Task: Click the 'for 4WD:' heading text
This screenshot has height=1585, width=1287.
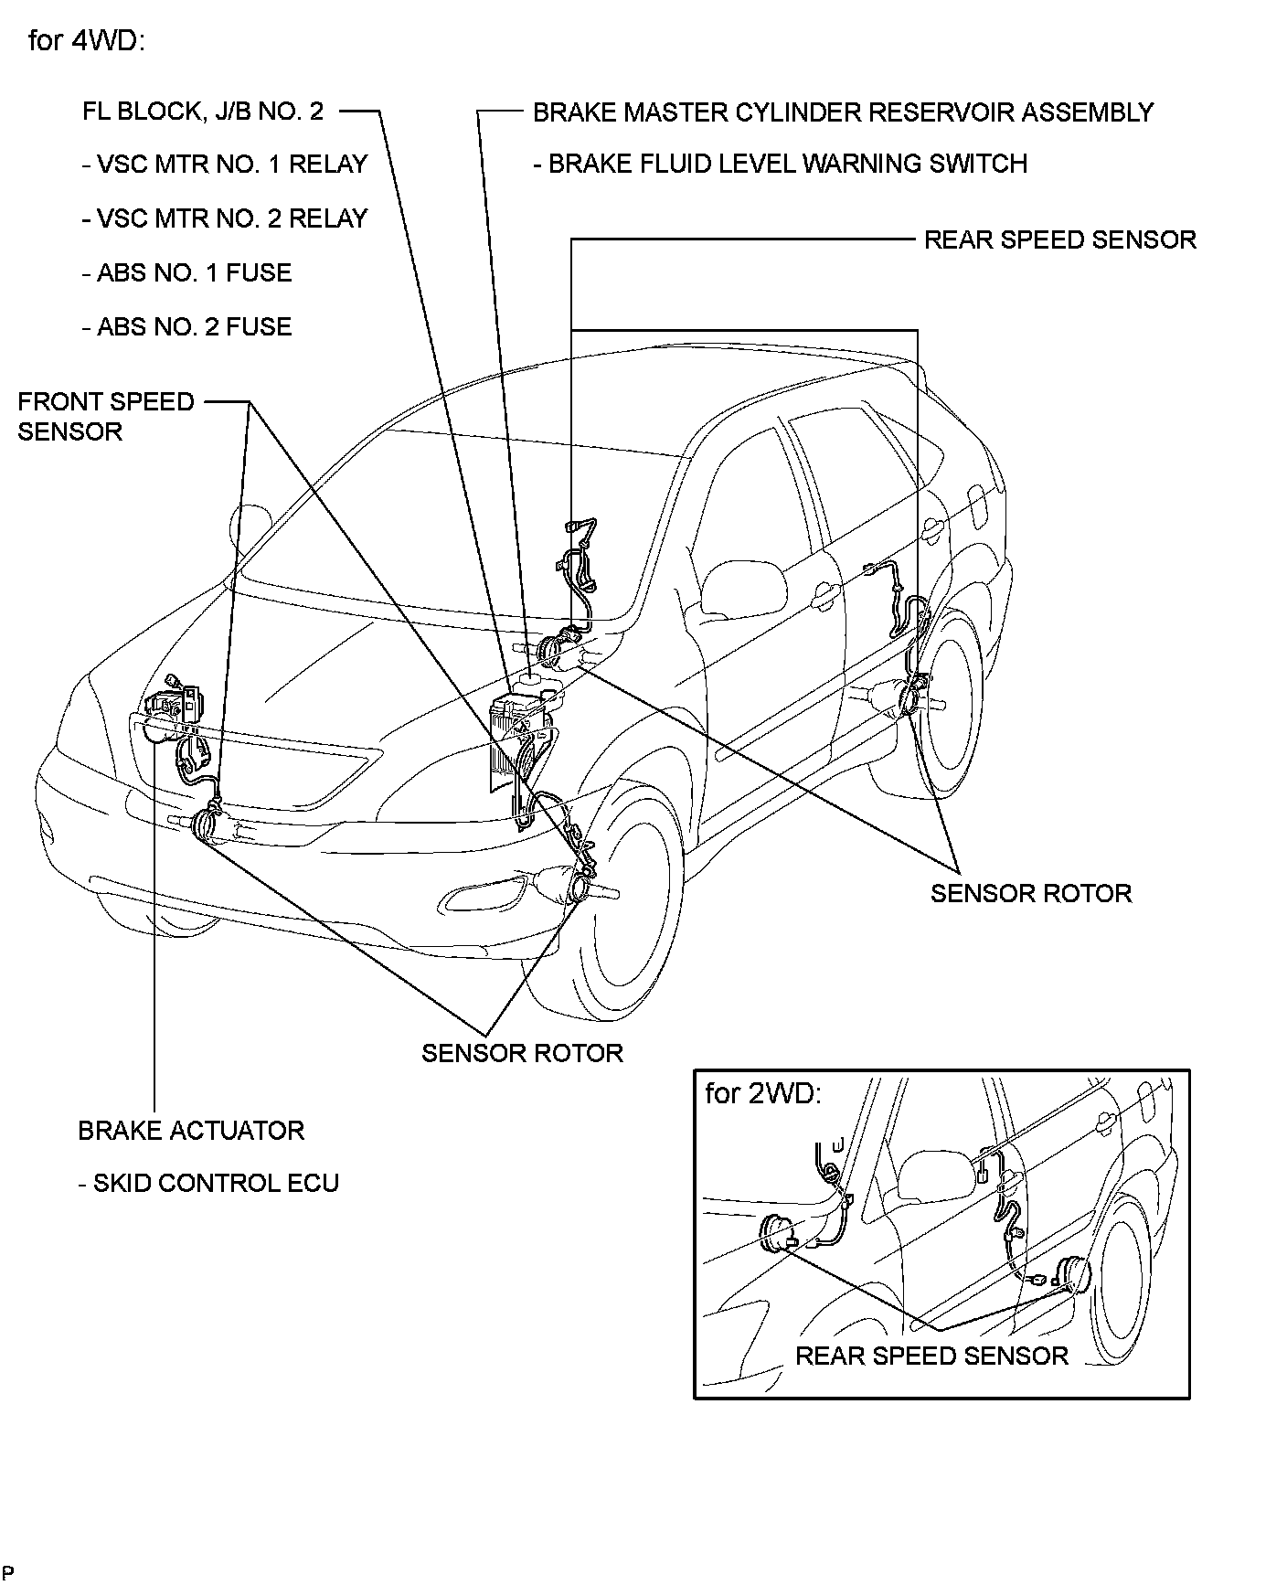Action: pyautogui.click(x=87, y=41)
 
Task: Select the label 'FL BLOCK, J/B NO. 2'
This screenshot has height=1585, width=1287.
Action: pyautogui.click(x=202, y=112)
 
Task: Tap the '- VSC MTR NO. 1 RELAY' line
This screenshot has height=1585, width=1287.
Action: pyautogui.click(x=224, y=165)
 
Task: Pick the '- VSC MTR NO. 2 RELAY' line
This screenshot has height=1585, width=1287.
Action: pyautogui.click(x=224, y=218)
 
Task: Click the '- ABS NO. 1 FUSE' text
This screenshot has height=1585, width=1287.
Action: pyautogui.click(x=186, y=272)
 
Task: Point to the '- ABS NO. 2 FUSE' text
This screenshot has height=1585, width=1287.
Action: pyautogui.click(x=186, y=326)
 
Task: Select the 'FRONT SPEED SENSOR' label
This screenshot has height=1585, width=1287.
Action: pyautogui.click(x=105, y=416)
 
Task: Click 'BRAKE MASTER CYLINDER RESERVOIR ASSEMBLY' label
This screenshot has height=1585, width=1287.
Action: pyautogui.click(x=843, y=112)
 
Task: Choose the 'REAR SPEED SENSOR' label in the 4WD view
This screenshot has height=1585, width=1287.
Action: pyautogui.click(x=1059, y=240)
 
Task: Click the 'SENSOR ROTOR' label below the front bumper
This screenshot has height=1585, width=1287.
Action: pyautogui.click(x=522, y=1053)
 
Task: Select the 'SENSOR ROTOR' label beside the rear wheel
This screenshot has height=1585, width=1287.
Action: pyautogui.click(x=1031, y=893)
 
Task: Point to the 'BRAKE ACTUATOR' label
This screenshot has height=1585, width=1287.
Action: pyautogui.click(x=191, y=1131)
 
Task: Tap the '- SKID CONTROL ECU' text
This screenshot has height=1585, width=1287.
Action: pyautogui.click(x=208, y=1183)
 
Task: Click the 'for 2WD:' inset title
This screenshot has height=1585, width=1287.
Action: pyautogui.click(x=763, y=1093)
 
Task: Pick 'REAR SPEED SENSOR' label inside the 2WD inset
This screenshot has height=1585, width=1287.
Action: pyautogui.click(x=931, y=1356)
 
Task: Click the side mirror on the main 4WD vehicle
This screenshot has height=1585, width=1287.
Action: pyautogui.click(x=743, y=586)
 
